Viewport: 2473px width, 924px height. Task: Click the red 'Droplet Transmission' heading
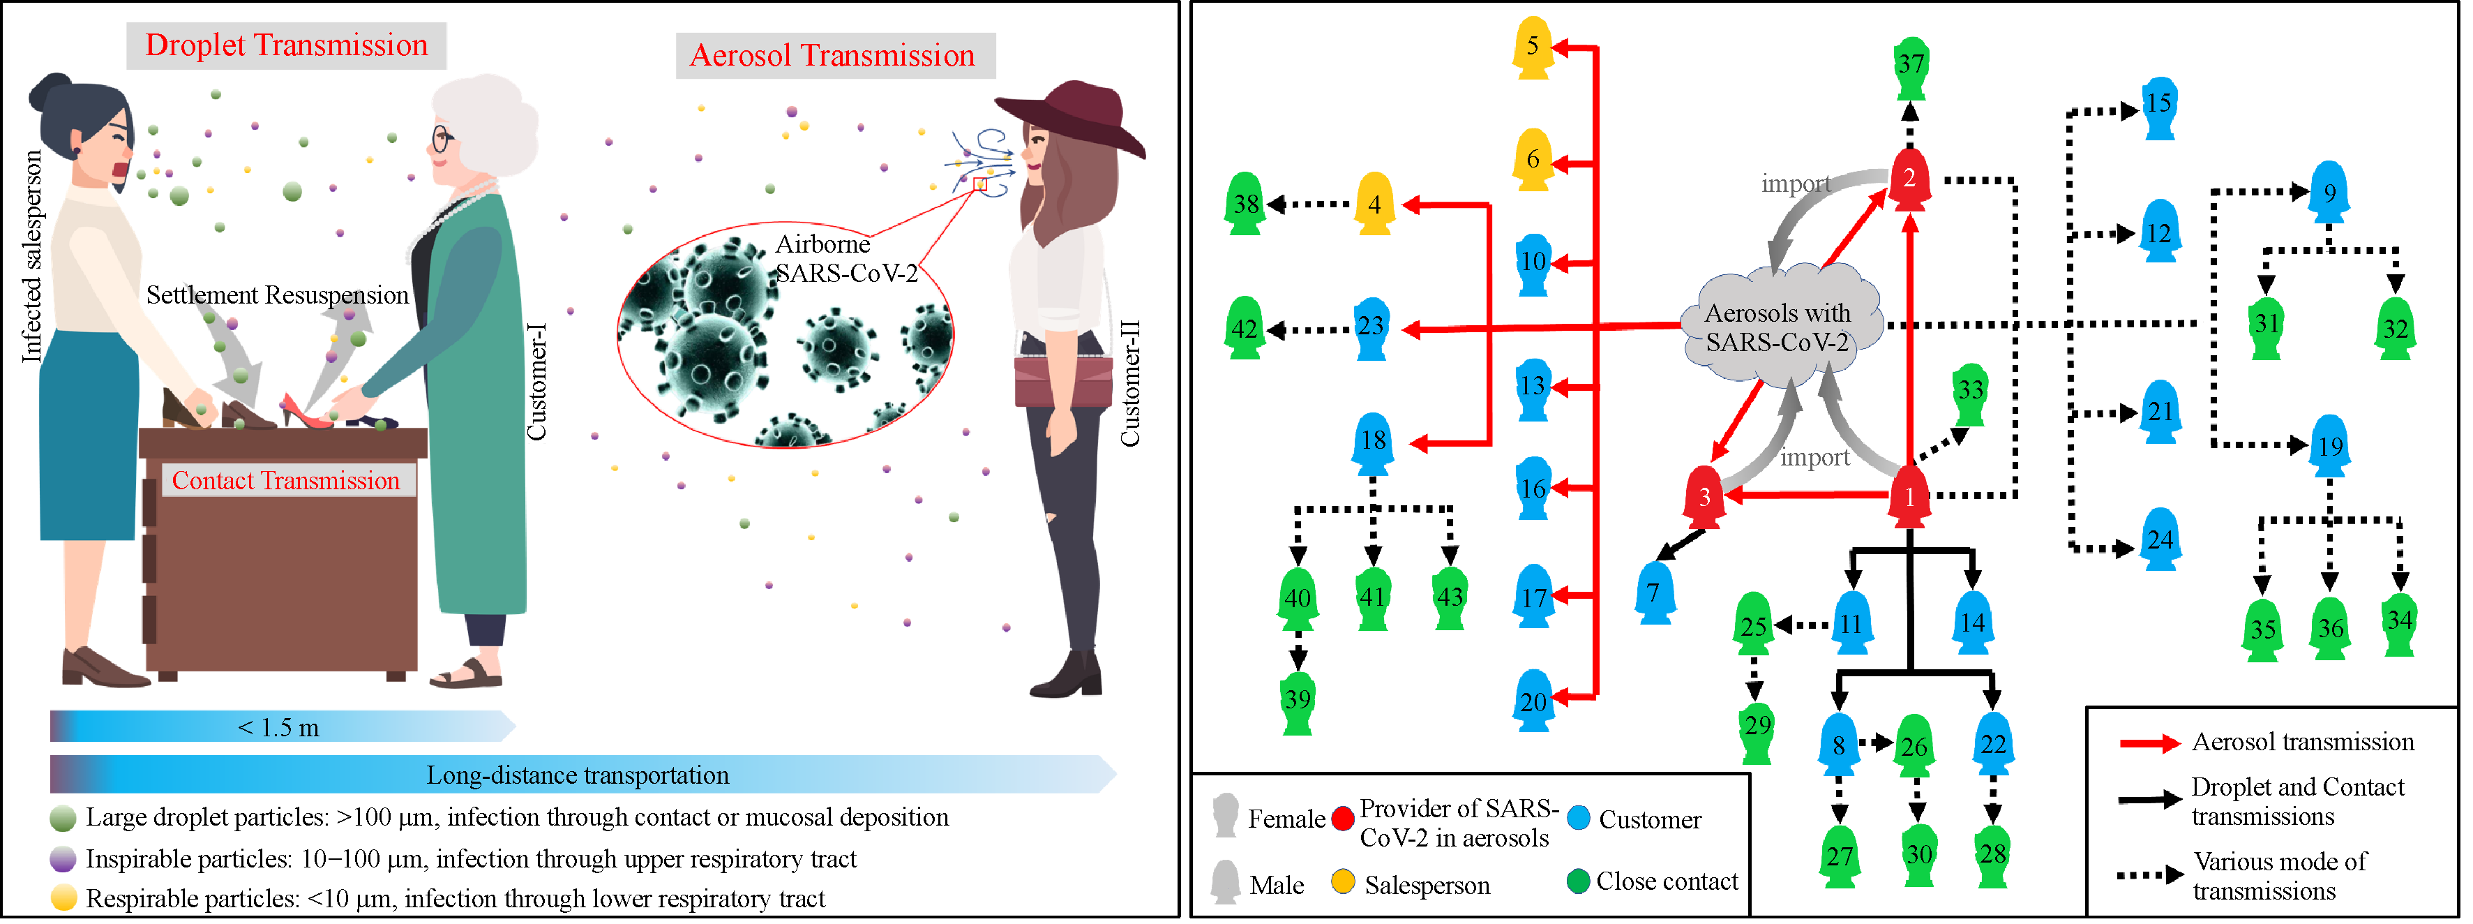pos(286,45)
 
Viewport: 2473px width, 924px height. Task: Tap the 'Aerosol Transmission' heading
pos(834,56)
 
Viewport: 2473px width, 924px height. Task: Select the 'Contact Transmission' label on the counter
pos(286,480)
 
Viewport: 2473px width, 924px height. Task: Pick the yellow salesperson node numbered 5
pos(1534,48)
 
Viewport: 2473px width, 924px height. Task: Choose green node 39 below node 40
pos(1298,701)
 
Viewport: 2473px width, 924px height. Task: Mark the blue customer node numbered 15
pos(2159,105)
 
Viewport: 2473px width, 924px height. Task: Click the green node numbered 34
pos(2400,623)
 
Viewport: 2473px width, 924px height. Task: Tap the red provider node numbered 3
pos(1705,498)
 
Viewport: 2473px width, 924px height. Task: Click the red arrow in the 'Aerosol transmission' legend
pos(2151,743)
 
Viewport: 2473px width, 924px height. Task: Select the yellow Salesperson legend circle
pos(1343,881)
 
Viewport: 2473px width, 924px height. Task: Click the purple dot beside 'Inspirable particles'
pos(63,858)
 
